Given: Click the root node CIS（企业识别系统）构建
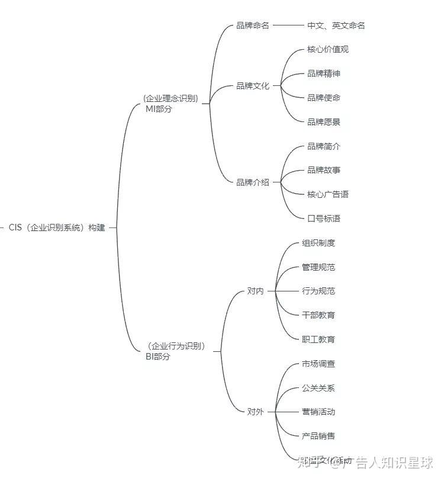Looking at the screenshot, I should point(57,227).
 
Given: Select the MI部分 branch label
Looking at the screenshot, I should point(159,109).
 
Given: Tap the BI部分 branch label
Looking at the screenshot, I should point(157,357).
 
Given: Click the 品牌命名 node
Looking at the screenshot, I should point(253,25).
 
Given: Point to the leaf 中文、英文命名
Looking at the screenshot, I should point(336,25).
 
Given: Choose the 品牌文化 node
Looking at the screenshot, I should point(253,86).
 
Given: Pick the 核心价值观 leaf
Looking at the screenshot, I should point(328,49).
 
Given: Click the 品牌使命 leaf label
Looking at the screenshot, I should point(324,98).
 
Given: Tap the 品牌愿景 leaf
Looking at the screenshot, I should point(324,122).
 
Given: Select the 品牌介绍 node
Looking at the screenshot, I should point(253,182).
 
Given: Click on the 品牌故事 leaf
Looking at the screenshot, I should point(324,171).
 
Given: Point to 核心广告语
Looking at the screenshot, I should point(328,194).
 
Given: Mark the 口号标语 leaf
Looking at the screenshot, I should point(324,219).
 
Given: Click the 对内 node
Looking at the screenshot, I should point(256,291).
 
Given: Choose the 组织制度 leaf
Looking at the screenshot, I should point(318,243).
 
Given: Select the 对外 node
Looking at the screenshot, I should point(256,412).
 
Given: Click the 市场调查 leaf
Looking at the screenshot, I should point(318,364).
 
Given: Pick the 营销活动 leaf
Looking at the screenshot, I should point(318,412).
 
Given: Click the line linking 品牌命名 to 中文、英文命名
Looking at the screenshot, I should point(288,25).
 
